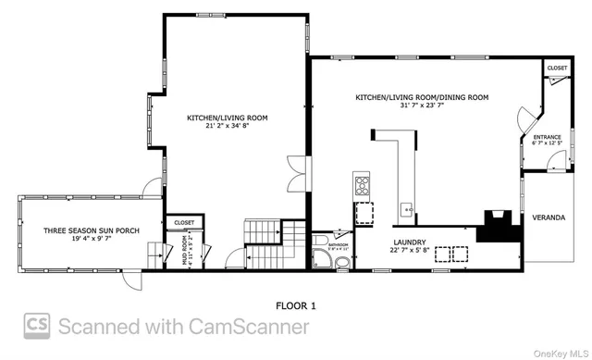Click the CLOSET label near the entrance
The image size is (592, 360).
tap(557, 68)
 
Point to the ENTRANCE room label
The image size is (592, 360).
tap(547, 138)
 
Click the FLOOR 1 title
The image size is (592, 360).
tap(296, 304)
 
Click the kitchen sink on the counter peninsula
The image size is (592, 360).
tap(405, 207)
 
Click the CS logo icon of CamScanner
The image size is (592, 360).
tap(38, 326)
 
